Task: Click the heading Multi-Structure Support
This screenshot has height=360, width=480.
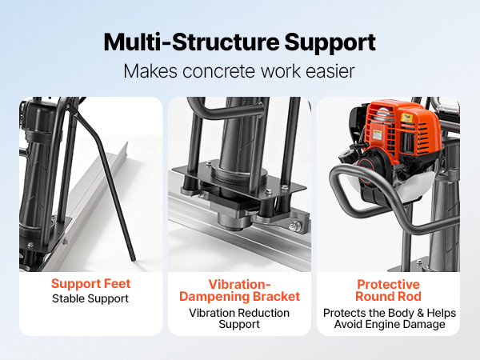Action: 240,42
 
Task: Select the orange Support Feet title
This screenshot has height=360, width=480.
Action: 90,284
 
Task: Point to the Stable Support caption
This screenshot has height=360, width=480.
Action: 90,298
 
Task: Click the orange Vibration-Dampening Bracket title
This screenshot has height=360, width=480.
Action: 239,290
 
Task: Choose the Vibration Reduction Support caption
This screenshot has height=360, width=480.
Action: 239,318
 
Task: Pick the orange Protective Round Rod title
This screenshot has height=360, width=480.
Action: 388,290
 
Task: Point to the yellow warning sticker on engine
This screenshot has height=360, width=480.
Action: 378,134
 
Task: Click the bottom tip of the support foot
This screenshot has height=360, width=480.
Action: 133,259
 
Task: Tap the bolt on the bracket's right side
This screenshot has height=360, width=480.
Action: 294,226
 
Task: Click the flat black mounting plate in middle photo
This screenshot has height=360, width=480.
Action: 238,181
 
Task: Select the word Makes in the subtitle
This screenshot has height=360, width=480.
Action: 150,71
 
